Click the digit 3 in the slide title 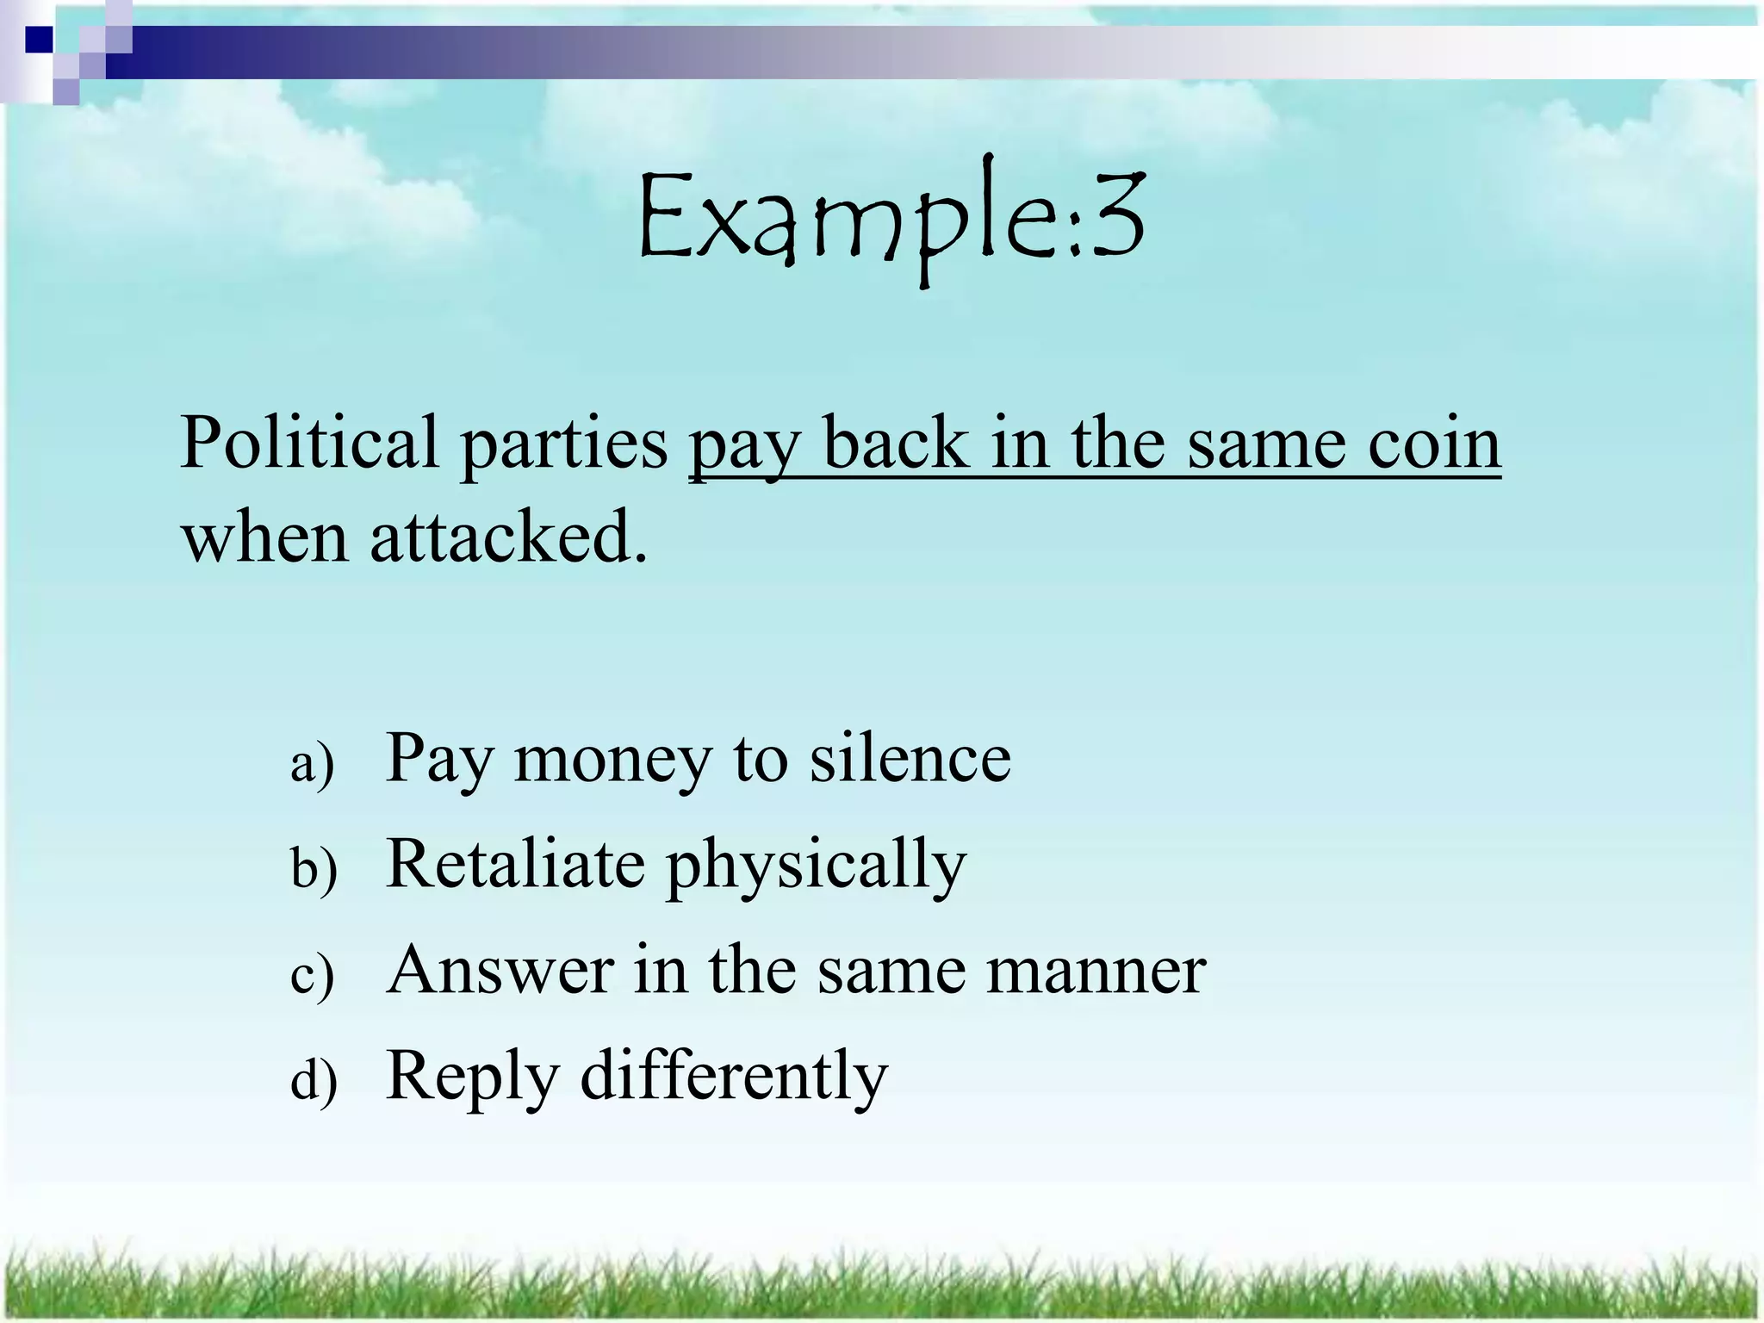(x=1116, y=215)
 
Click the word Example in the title (x=848, y=220)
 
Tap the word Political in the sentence (x=309, y=443)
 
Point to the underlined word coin (x=1434, y=443)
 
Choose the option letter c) (x=313, y=975)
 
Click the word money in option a (x=613, y=762)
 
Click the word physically (x=817, y=868)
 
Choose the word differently (x=734, y=1077)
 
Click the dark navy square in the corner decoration (x=40, y=40)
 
